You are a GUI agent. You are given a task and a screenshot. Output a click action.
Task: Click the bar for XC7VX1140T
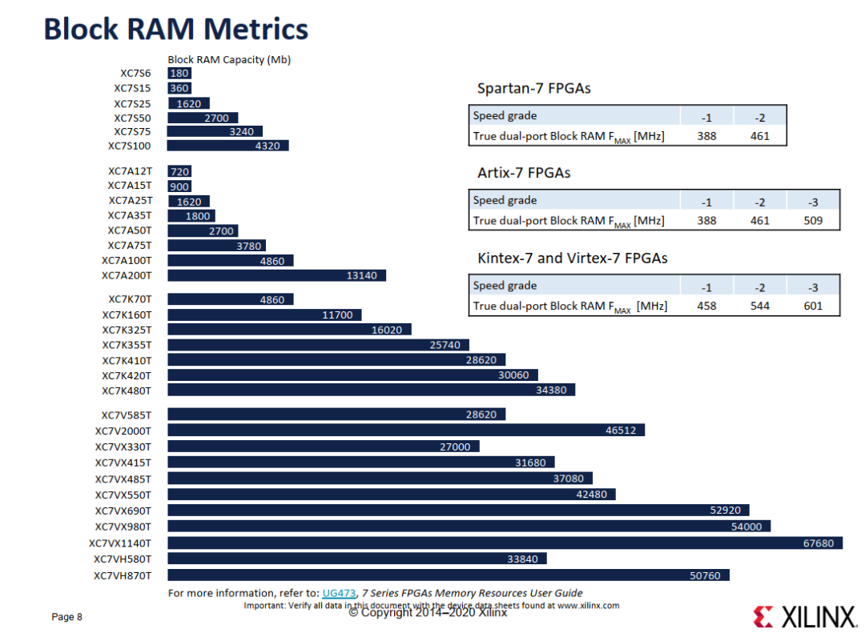point(505,543)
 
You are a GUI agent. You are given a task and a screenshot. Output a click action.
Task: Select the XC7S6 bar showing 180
point(179,74)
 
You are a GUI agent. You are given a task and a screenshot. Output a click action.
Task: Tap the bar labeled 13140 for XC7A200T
point(276,275)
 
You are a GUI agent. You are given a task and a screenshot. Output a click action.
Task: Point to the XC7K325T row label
point(127,330)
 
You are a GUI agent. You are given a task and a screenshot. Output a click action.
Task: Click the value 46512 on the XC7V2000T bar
point(621,430)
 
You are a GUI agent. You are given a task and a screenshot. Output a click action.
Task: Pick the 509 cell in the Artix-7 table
point(813,221)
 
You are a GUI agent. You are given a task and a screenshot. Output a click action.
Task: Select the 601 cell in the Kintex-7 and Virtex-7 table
point(813,306)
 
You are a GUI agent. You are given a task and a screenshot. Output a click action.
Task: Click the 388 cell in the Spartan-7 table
point(706,136)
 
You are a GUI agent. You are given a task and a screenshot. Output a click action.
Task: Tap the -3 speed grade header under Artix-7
point(813,202)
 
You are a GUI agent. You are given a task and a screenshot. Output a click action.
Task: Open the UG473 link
point(339,593)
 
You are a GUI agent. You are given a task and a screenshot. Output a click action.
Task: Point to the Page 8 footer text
point(66,617)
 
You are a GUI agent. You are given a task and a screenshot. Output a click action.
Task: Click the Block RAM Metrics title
point(176,30)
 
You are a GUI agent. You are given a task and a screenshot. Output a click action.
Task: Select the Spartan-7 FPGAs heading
point(534,88)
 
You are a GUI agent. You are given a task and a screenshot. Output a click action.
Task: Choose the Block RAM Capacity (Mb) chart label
point(229,59)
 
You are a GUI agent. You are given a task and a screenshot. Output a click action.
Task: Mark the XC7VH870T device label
point(123,575)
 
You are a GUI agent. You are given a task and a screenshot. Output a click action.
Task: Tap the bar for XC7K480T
point(372,390)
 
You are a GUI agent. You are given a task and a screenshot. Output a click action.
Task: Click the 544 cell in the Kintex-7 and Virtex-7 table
point(759,306)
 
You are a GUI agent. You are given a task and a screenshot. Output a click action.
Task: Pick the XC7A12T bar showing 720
point(179,171)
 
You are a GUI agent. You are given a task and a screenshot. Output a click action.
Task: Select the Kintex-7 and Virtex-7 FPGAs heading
point(573,258)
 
